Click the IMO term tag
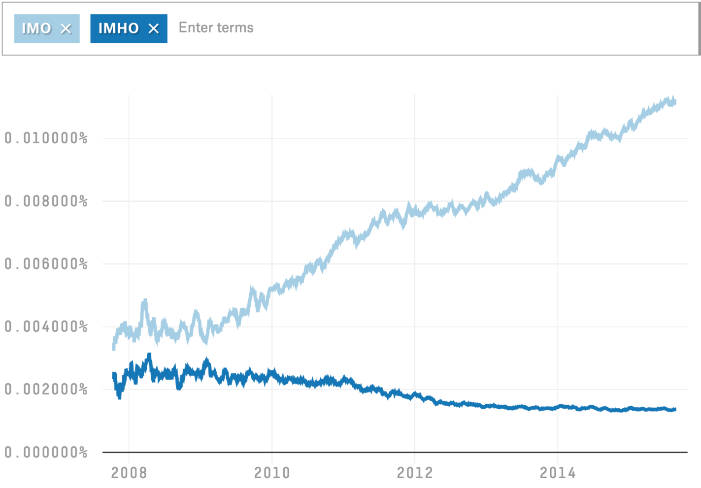37,29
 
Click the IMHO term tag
119,29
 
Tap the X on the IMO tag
66,29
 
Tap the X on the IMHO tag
154,29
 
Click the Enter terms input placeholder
216,28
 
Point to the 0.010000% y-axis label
46,138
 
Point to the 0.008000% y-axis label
46,201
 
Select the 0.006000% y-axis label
46,264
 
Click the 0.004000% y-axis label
46,326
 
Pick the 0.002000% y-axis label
46,390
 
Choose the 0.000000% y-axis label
46,452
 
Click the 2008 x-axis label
129,473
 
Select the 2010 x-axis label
272,473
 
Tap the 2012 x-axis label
415,473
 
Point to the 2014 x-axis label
558,473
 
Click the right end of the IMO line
675,101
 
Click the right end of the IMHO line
675,409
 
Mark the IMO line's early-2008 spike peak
145,300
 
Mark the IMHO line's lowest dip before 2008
119,397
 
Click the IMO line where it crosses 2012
415,212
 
